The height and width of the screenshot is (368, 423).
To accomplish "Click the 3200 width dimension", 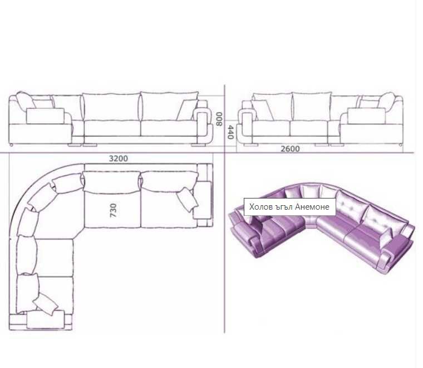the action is coord(118,158).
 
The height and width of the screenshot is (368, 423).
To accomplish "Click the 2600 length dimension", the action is coord(290,149).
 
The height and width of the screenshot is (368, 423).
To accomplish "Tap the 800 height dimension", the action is coord(219,119).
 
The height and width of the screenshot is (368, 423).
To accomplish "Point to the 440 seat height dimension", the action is coord(230,132).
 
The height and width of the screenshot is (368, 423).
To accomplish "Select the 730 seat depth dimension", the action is coord(114,210).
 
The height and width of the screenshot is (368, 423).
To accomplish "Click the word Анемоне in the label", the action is coord(312,207).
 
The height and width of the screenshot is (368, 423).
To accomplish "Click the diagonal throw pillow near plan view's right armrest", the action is coord(188,200).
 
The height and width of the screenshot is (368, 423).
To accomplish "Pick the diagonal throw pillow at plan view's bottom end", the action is coord(45,304).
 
